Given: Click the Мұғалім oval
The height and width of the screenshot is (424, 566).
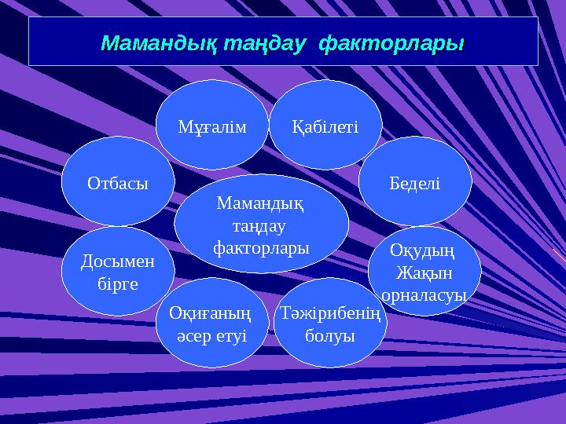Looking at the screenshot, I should pos(212,126).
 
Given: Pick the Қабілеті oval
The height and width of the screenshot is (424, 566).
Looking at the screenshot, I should pos(325,126).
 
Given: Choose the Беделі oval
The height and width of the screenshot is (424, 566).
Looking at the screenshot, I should pos(415,182).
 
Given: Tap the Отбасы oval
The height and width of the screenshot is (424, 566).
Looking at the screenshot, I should pos(117,182).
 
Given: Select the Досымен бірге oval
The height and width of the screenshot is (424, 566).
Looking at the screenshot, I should pos(118,272).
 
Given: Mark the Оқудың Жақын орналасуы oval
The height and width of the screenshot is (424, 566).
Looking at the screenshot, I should pos(424,272).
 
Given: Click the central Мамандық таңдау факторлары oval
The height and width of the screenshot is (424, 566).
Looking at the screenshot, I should pos(261,225).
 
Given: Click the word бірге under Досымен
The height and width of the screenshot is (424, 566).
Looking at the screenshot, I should pos(118,283).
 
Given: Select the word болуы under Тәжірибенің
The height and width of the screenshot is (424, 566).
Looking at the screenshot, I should pos(330,335).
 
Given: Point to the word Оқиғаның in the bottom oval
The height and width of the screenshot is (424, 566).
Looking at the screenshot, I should pos(211,314).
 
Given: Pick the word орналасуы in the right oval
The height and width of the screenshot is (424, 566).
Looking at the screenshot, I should pos(424,294).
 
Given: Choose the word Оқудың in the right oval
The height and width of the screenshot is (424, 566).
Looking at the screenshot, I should pos(422,252).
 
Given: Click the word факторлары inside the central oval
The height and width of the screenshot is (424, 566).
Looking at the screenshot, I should pos(261,247).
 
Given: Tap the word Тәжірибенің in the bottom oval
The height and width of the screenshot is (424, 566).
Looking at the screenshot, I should pos(330,314).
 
